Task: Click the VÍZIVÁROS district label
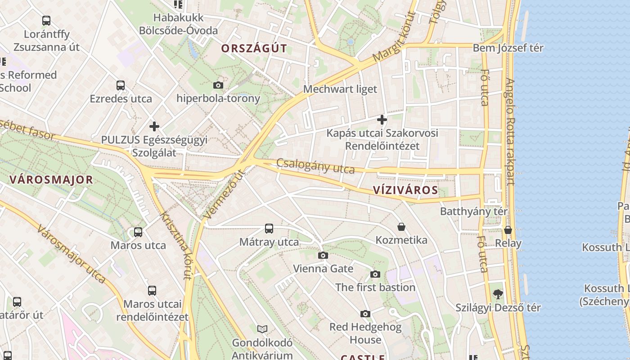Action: (405, 190)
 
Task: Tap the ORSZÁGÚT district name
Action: (254, 49)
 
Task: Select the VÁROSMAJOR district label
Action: (51, 180)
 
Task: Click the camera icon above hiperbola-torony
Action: (218, 85)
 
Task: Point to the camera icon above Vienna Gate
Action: (323, 256)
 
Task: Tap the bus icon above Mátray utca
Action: (269, 229)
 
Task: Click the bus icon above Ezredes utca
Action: (120, 85)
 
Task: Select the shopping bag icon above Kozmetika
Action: (401, 227)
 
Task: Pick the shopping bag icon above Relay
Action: (508, 230)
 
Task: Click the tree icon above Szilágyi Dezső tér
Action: (498, 294)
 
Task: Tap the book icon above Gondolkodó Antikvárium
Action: (262, 329)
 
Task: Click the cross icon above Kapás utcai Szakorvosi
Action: (382, 120)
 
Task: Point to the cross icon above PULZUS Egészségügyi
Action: (154, 126)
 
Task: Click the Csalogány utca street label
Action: (315, 166)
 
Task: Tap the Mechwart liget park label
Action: (340, 89)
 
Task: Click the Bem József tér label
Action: (508, 48)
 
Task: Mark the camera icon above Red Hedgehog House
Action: (365, 314)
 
